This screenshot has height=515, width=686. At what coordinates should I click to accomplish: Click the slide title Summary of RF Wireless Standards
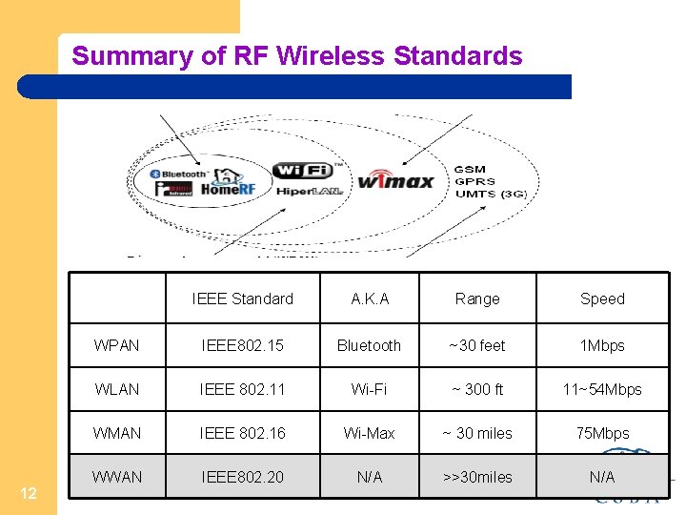[x=297, y=55]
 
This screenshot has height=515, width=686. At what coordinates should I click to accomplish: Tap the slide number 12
[x=29, y=493]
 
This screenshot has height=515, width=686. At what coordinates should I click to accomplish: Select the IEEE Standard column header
[x=242, y=299]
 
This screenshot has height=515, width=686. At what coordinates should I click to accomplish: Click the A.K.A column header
[x=370, y=299]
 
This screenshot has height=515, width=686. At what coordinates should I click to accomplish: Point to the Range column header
[x=477, y=299]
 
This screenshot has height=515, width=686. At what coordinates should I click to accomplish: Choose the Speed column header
[x=602, y=299]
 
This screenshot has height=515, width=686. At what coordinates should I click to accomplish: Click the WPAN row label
[x=116, y=345]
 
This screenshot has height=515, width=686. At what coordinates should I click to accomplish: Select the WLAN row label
[x=116, y=389]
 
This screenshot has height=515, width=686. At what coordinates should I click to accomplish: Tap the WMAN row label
[x=116, y=433]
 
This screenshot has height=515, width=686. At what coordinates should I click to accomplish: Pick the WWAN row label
[x=116, y=476]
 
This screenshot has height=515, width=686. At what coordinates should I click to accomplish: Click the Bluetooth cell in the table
[x=370, y=345]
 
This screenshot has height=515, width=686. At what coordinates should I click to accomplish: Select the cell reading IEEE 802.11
[x=242, y=389]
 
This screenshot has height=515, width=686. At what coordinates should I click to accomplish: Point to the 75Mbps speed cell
[x=602, y=433]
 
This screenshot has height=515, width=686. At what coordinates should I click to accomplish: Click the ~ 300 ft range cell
[x=477, y=389]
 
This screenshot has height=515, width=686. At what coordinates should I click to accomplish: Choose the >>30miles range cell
[x=477, y=476]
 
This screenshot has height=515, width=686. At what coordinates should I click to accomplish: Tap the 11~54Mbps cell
[x=602, y=389]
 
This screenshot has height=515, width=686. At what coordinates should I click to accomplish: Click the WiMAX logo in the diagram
[x=395, y=179]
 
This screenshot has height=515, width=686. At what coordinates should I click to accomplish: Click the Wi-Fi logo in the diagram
[x=302, y=171]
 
